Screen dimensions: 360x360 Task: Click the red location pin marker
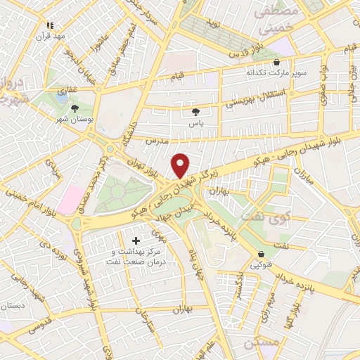181,165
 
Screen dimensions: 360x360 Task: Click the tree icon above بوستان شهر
75,108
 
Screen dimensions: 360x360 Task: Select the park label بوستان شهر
75,120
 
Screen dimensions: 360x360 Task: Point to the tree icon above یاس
195,111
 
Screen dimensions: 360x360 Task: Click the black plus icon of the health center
136,241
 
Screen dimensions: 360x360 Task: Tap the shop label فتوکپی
262,266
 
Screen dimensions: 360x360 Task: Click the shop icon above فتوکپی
262,255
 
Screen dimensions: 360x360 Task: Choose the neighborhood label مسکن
262,343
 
